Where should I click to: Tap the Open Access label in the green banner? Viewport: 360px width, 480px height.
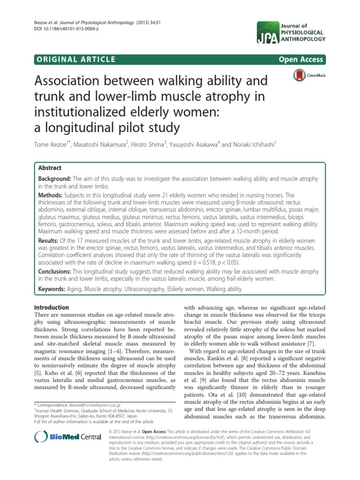click(x=301, y=59)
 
